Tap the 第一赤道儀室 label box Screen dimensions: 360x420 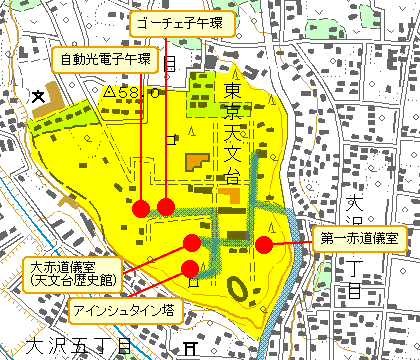pos(357,239)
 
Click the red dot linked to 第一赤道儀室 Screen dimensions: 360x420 pos(264,244)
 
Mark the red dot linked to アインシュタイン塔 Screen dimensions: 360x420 pos(191,267)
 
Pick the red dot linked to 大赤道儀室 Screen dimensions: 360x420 pos(191,242)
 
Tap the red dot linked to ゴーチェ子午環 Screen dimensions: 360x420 pos(166,207)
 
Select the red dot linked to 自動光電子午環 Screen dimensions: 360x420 pos(141,208)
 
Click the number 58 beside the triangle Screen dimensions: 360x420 pos(127,92)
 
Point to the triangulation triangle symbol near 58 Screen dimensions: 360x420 pos(109,92)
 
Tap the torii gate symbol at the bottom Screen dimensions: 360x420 pos(190,348)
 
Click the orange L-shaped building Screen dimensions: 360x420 pos(195,162)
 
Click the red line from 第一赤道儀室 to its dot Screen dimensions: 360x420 pos(292,242)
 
